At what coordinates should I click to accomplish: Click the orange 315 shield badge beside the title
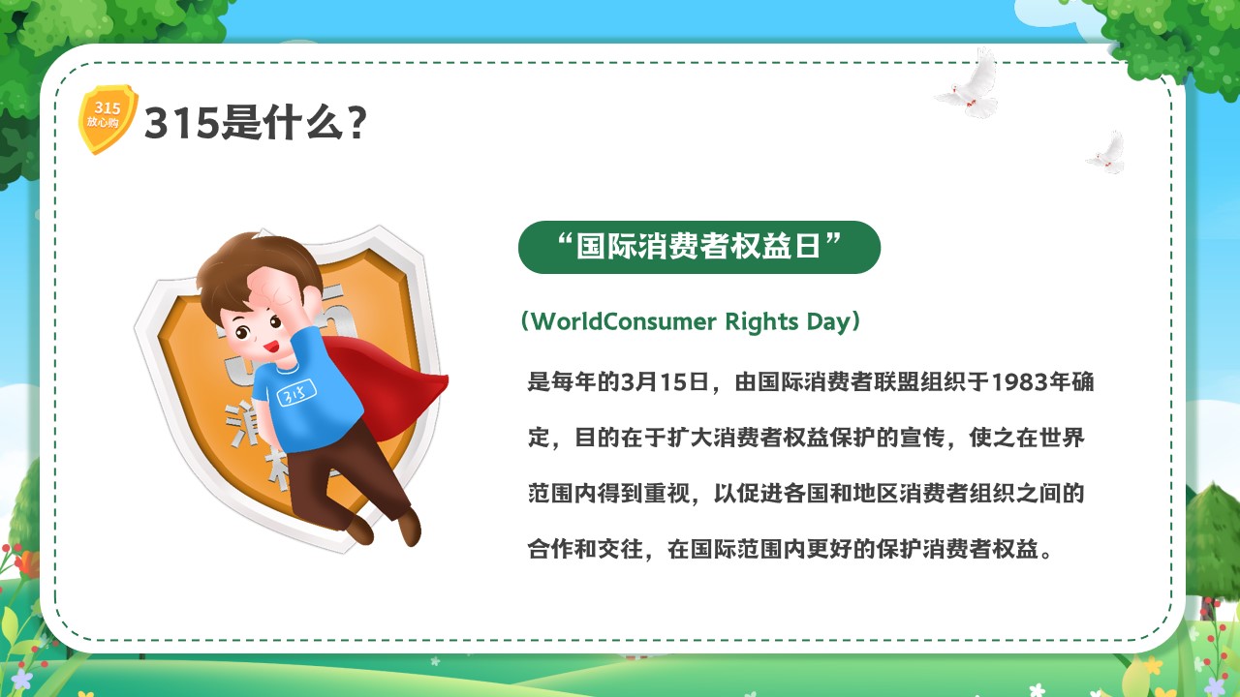click(108, 118)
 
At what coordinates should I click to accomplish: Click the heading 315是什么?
click(255, 123)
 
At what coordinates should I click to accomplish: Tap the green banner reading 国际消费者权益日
click(699, 247)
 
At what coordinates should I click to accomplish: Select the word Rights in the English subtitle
click(761, 322)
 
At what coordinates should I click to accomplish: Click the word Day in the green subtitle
click(827, 322)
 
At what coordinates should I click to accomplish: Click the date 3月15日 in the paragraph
click(666, 381)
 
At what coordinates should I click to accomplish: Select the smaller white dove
click(1107, 153)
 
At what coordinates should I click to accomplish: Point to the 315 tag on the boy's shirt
click(296, 393)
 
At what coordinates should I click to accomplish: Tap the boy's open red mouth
click(270, 347)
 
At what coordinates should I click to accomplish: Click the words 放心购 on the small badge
click(103, 122)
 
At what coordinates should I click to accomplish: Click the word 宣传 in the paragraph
click(922, 437)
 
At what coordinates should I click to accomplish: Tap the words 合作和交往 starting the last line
click(585, 549)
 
